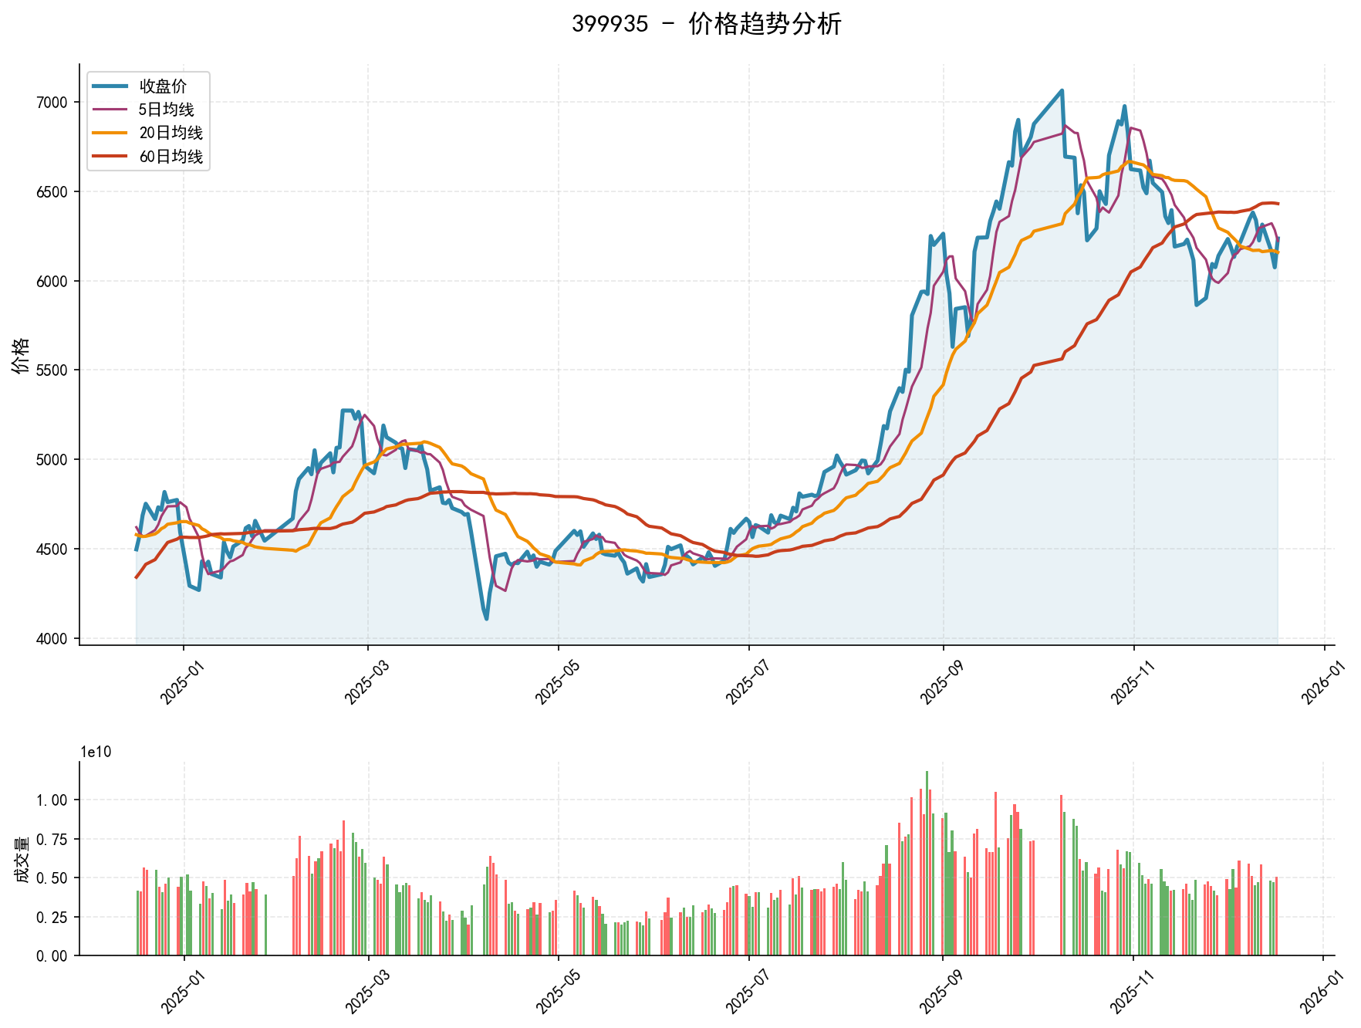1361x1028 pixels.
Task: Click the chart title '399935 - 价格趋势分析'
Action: pos(706,24)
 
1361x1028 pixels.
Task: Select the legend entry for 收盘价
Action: pos(163,86)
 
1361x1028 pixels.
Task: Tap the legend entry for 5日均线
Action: pos(166,110)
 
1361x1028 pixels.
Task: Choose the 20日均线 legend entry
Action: pos(171,133)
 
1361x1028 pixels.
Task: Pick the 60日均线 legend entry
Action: pos(171,157)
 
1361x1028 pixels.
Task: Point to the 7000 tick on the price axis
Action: pos(52,103)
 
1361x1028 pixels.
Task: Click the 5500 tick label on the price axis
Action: pos(52,370)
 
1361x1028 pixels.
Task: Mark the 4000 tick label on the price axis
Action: pos(52,639)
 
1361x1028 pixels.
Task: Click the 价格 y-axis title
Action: pos(21,355)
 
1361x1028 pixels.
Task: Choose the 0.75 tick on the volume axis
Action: pos(52,839)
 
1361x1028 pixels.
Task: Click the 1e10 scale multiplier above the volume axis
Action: pos(96,752)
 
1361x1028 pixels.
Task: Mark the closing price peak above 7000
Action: pos(1062,90)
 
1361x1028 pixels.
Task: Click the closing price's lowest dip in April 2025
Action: pos(486,618)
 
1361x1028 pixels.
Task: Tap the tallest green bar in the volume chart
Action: pos(927,772)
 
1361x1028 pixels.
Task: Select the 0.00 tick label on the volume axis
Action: pos(52,956)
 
